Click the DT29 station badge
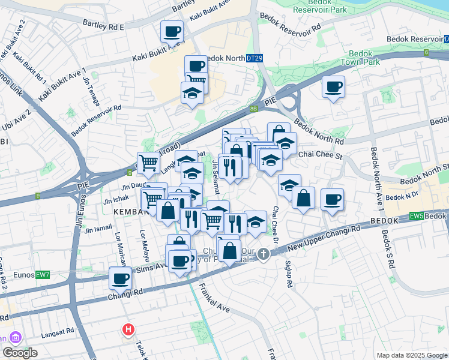(255, 58)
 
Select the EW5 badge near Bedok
(416, 215)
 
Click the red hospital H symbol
(128, 329)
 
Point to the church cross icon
(263, 256)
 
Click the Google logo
(20, 353)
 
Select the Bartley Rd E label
(104, 27)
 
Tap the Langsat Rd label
(56, 330)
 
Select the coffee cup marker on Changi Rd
(121, 278)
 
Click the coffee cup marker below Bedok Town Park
(333, 86)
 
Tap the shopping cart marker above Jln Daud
(148, 162)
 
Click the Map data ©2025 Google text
(411, 355)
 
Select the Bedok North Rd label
(322, 136)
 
